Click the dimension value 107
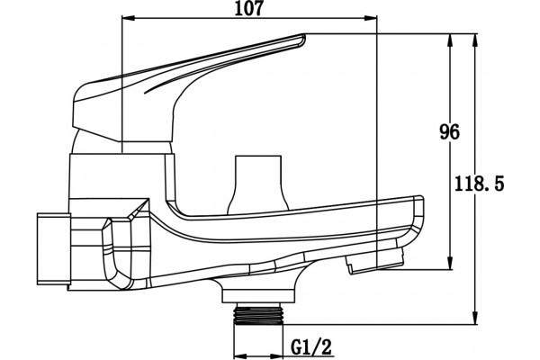(248, 8)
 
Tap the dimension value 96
(449, 132)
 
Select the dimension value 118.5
(479, 184)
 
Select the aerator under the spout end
(375, 259)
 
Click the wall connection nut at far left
(54, 248)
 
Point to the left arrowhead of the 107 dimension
(128, 19)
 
